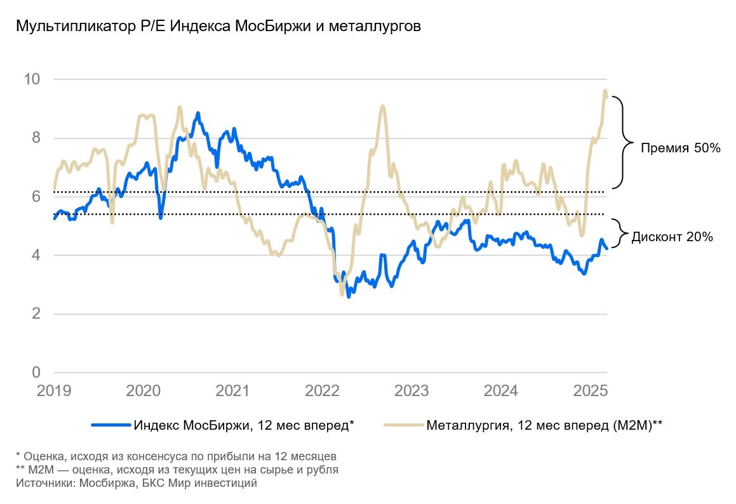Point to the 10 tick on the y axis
point(32,79)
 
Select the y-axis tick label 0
point(36,372)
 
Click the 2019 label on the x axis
point(54,390)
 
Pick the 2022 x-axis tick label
point(323,390)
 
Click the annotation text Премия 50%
point(680,149)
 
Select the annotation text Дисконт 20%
point(672,237)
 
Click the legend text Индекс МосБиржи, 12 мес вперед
point(243,425)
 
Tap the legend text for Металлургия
point(544,425)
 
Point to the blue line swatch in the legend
point(111,425)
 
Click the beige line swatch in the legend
point(404,425)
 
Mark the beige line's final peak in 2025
point(605,91)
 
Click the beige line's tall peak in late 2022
point(382,106)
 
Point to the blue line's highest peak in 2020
point(198,113)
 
